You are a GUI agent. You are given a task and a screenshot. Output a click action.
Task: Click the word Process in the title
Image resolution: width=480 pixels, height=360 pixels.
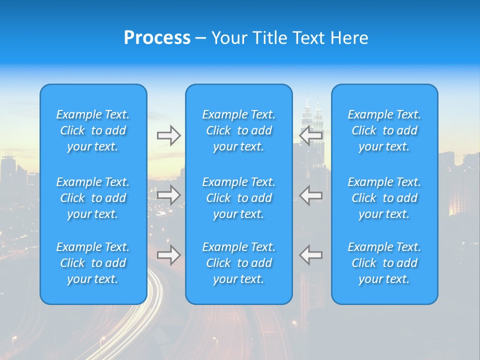157,38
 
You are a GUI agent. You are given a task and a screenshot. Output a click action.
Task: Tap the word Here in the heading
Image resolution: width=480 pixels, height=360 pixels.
349,38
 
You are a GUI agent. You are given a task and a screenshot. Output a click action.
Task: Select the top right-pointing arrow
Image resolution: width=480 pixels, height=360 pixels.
168,135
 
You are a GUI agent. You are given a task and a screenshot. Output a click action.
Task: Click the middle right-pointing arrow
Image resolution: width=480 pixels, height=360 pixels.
168,194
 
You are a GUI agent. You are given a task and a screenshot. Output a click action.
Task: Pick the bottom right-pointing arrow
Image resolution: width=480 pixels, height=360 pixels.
168,255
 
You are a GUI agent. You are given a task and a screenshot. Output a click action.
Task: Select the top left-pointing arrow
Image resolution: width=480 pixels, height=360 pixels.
311,135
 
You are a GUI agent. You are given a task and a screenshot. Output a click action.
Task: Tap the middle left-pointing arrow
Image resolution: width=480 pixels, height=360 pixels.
311,194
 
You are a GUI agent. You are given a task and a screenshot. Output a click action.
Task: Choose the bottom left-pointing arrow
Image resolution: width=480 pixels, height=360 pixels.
311,255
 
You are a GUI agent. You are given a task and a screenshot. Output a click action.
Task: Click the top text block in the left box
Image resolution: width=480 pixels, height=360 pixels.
93,130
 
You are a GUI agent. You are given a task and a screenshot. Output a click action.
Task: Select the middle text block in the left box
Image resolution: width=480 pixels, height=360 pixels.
93,198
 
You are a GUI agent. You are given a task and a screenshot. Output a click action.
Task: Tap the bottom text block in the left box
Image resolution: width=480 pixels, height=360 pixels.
93,263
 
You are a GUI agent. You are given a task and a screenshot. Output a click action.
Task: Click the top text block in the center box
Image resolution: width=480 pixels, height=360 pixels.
239,130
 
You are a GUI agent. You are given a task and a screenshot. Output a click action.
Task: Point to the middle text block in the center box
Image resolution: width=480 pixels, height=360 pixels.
239,198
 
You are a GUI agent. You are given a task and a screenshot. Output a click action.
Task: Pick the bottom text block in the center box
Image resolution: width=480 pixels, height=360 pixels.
239,263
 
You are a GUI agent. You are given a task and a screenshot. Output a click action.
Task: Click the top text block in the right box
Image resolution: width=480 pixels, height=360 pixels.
384,130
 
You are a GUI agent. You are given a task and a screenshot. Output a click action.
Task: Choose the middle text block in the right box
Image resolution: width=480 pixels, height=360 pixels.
384,198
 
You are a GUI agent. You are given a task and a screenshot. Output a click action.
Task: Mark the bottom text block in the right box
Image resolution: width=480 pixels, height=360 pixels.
384,263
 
